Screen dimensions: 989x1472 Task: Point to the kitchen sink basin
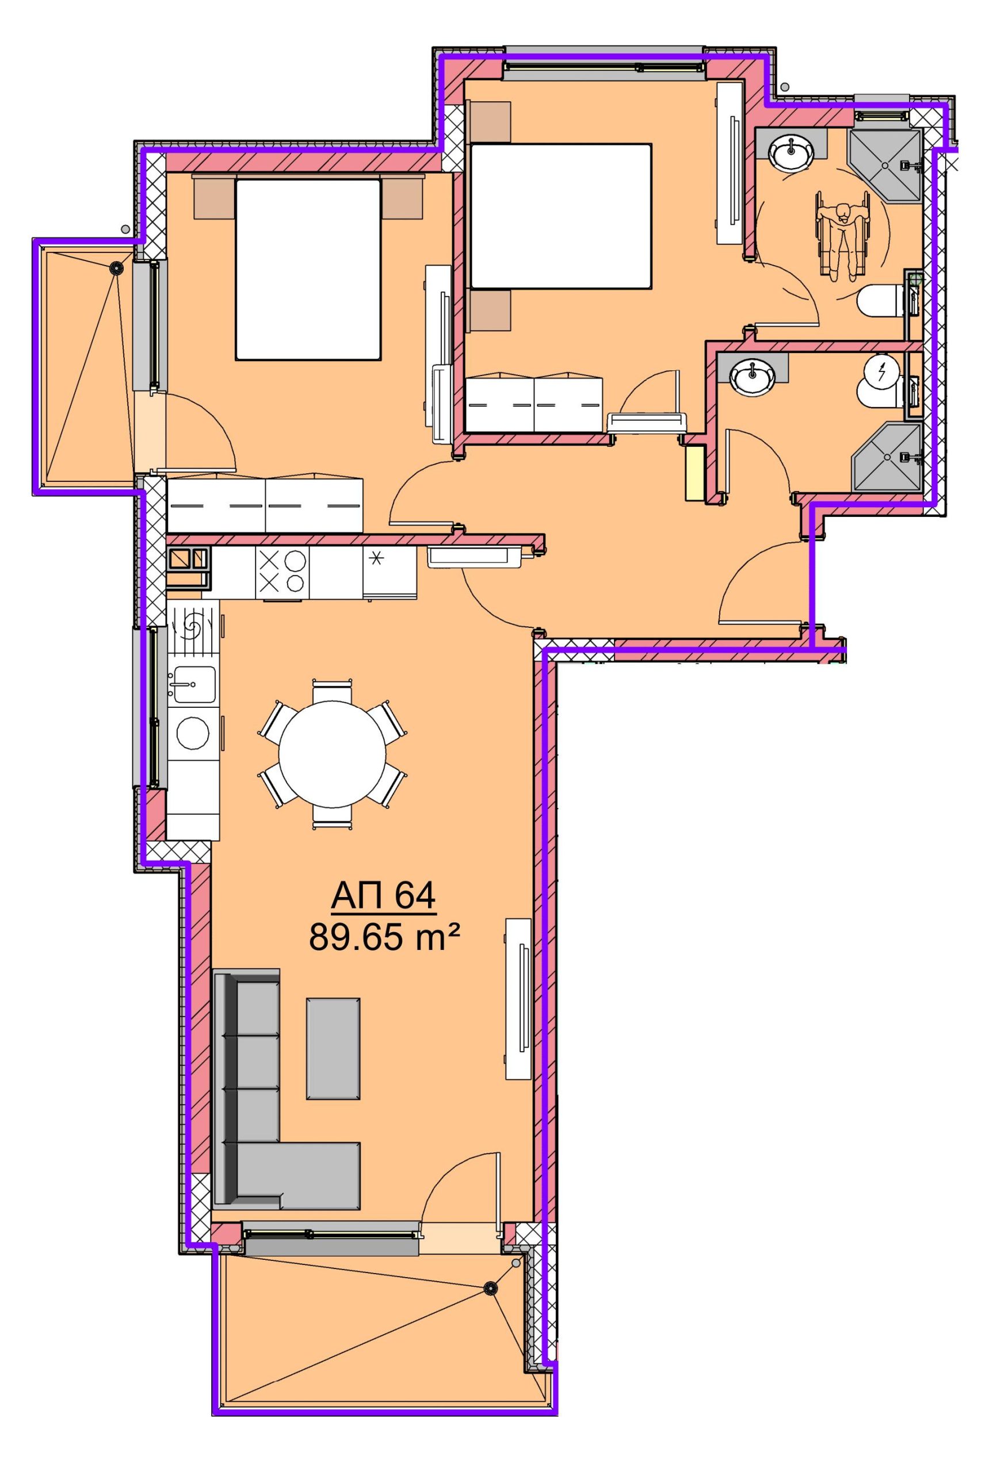pos(194,684)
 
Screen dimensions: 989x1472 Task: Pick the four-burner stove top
pos(282,572)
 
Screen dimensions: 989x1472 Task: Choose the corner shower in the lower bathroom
pos(886,457)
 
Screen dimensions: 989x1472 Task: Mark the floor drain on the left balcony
pos(116,268)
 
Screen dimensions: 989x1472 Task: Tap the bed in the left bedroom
pos(308,269)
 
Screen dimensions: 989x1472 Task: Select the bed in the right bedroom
pos(561,216)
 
